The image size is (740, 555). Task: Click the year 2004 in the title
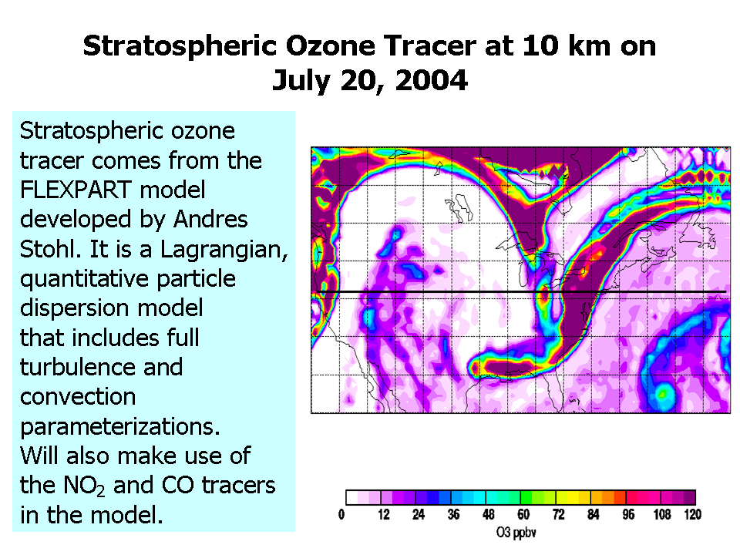tap(432, 80)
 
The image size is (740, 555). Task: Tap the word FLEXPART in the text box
tap(76, 190)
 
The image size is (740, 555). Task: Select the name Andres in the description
tap(210, 219)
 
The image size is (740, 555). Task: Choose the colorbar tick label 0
tap(341, 514)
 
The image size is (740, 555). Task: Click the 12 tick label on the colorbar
tap(384, 514)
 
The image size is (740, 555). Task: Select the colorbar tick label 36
tap(453, 514)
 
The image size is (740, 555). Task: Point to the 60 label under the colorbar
tap(523, 514)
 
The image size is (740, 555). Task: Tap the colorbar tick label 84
tap(594, 514)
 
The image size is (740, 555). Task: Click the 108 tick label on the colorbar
tap(661, 514)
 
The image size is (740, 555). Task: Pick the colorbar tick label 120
tap(693, 514)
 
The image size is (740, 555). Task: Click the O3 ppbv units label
tap(516, 533)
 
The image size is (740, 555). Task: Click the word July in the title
tap(299, 81)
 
